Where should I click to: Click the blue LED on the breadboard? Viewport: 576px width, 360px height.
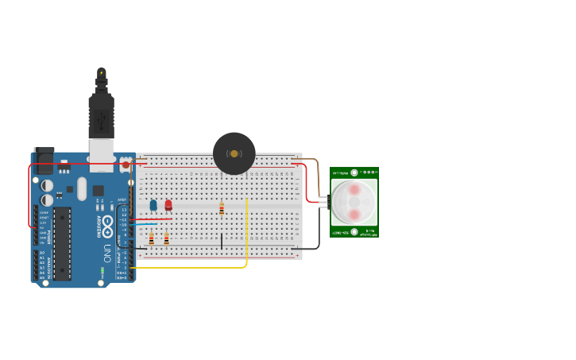153,205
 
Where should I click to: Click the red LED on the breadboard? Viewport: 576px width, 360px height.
168,205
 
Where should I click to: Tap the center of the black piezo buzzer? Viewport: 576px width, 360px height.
234,153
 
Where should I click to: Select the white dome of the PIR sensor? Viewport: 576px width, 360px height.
354,202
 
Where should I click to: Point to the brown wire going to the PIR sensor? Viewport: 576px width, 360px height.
316,171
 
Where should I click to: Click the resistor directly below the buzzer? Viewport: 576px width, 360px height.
222,209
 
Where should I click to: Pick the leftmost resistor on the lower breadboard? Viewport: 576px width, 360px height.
151,239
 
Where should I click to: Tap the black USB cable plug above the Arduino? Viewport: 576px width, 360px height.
101,115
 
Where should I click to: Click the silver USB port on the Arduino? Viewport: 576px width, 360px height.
101,155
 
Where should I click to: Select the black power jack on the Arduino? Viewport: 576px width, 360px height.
44,161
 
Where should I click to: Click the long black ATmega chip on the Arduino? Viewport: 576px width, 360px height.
62,243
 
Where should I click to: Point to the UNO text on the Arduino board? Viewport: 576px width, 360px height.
106,254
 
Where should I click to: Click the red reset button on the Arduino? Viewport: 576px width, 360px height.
126,165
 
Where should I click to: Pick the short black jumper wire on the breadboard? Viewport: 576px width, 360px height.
222,241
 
